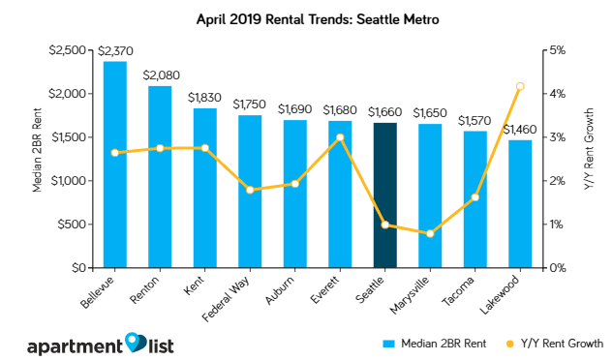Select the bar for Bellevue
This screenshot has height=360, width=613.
[114, 165]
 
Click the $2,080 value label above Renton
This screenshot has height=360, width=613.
[160, 74]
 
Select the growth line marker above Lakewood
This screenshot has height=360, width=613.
[520, 86]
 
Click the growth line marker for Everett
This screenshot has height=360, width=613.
[340, 137]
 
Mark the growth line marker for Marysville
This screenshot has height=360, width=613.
[430, 233]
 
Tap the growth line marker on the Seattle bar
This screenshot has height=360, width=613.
[384, 225]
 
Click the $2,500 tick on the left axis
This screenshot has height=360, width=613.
[71, 50]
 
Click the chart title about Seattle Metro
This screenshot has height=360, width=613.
[306, 17]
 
